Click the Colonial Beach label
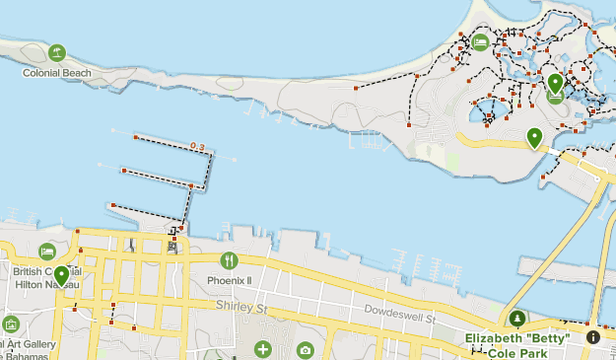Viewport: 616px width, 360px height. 57,72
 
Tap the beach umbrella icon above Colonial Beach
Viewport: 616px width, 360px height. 57,52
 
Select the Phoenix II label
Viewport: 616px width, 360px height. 229,280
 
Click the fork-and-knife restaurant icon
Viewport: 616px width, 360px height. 229,260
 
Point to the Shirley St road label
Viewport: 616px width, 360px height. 242,309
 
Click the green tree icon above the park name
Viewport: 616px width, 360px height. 517,319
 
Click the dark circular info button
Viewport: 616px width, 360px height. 592,336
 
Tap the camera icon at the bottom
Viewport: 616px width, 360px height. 305,350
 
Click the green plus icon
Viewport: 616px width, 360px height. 262,349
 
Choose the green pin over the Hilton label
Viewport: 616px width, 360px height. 61,275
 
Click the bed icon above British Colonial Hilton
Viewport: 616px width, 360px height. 47,252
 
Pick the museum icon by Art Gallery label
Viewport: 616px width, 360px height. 11,324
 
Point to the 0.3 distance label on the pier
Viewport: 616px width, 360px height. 197,147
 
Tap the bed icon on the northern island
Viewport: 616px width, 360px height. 480,41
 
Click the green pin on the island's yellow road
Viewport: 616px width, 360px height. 534,137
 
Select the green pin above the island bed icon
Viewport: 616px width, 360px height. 555,83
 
